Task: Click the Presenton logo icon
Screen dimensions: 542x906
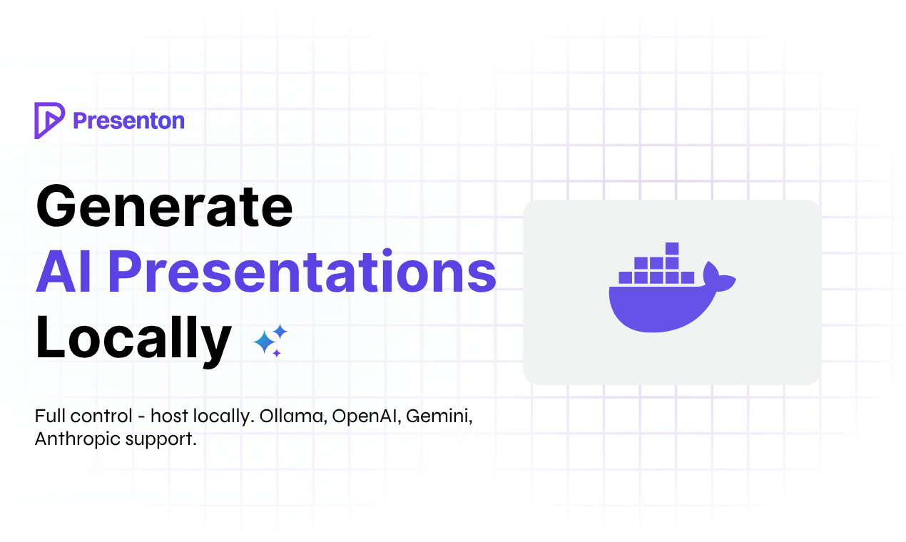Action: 49,121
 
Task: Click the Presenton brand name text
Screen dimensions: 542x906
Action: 128,121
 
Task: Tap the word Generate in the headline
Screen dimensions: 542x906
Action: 164,207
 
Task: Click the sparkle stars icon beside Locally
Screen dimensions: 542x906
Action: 270,340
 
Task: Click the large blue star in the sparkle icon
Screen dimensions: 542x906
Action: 265,343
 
